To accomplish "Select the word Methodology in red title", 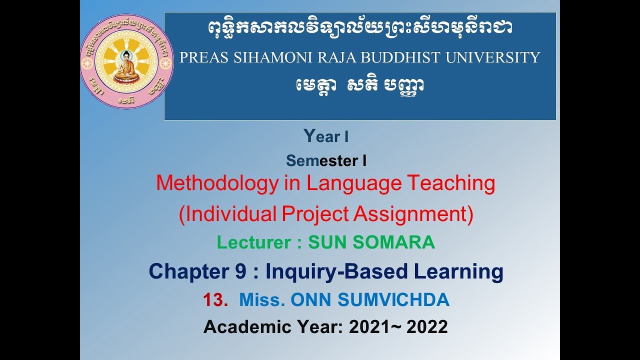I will click(x=216, y=183).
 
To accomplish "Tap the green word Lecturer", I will click(x=253, y=242).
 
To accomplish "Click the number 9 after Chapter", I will click(x=240, y=271).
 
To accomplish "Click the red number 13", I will click(x=215, y=300).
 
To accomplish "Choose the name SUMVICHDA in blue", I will click(x=393, y=300).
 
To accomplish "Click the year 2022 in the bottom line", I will click(x=427, y=327).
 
